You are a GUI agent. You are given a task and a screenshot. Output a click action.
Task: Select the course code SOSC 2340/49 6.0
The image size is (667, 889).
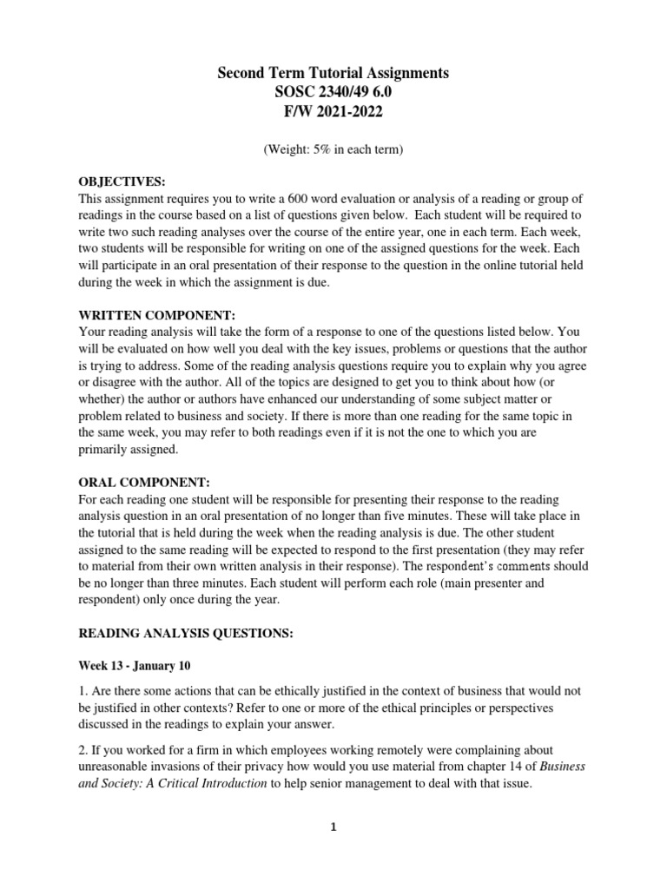click(333, 93)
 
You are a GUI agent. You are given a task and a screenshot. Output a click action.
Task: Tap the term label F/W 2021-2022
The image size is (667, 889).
click(333, 113)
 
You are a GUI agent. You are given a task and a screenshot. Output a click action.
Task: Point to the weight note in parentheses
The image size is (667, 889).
click(333, 149)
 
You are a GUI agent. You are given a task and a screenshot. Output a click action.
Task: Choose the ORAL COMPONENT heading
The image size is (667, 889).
click(144, 483)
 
